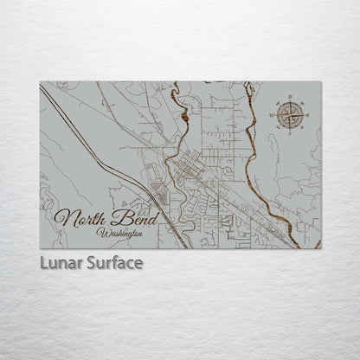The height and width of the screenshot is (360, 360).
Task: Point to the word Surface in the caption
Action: tap(113, 262)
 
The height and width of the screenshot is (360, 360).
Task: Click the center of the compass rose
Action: tap(289, 112)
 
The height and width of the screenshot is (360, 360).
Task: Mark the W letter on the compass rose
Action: tap(271, 112)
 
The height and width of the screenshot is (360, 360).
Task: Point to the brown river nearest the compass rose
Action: tap(254, 147)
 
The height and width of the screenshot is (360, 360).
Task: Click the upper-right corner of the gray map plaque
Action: tap(321, 82)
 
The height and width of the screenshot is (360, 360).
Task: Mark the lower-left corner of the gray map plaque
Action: tap(40, 248)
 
